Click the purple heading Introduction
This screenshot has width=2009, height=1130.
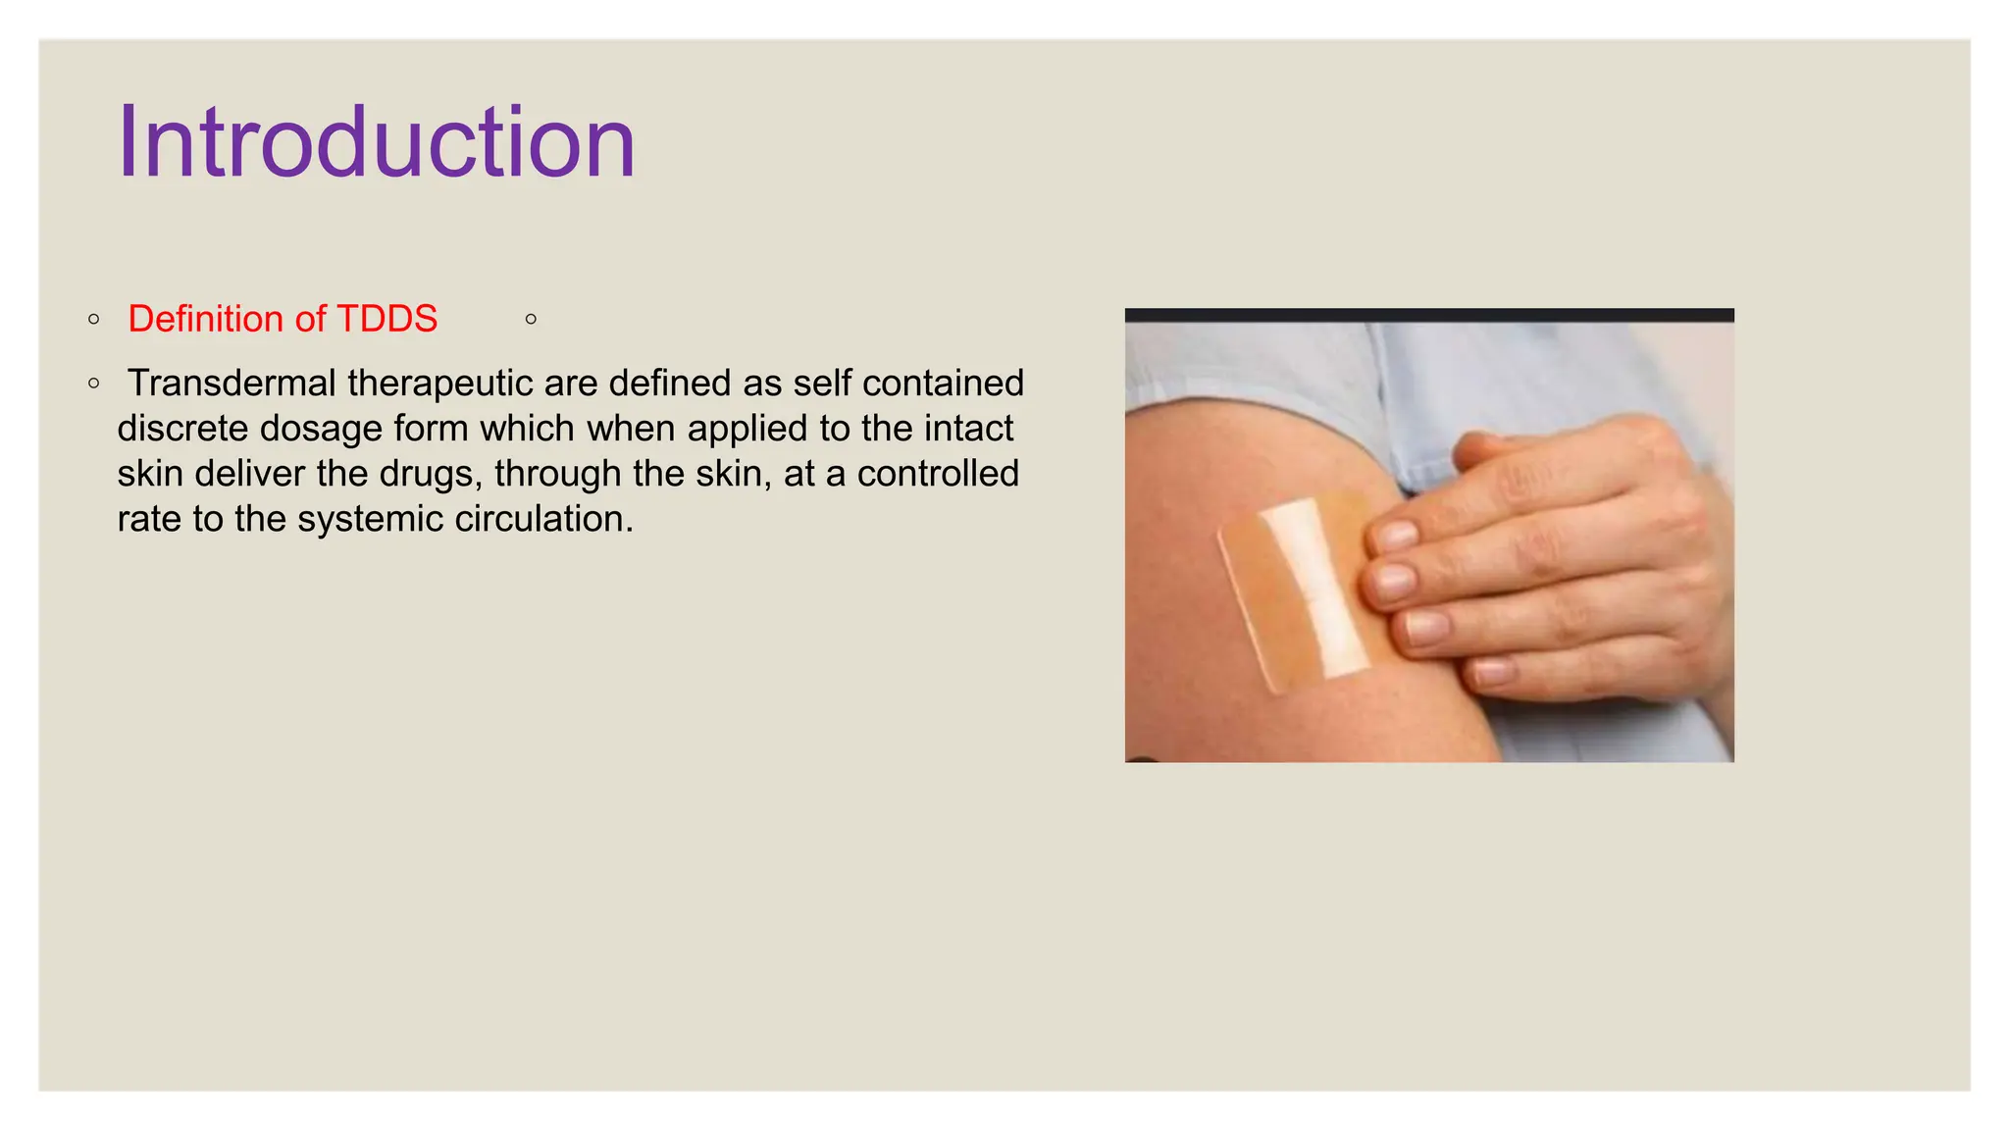tap(377, 143)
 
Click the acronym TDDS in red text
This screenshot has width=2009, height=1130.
tap(386, 319)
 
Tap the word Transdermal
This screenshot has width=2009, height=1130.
tap(232, 383)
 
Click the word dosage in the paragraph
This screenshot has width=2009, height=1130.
tap(320, 429)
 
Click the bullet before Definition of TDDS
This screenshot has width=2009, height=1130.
tap(93, 319)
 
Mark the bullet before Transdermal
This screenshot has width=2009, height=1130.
tap(93, 384)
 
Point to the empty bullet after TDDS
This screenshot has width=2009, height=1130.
tap(531, 319)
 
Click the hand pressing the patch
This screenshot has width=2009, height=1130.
tap(1550, 559)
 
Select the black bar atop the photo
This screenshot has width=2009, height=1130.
tap(1429, 315)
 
